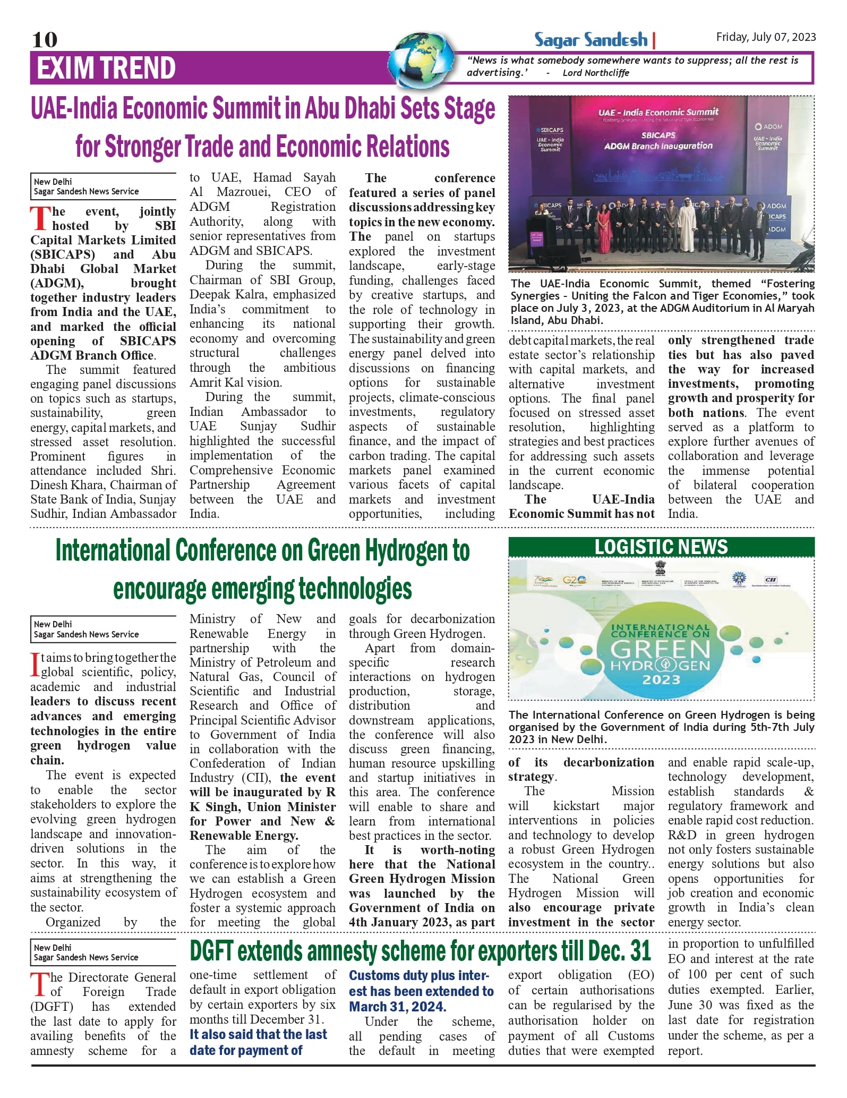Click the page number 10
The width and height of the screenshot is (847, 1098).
[x=45, y=40]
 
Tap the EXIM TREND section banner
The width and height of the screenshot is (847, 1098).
[x=106, y=69]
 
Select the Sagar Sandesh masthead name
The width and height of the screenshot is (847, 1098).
[x=591, y=40]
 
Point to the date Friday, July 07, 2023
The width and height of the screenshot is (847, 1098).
[x=765, y=37]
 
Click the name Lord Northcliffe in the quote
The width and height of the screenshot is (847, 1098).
[x=596, y=73]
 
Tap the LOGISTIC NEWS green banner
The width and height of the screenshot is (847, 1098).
[x=661, y=547]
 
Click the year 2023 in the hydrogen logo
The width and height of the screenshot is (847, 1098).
[x=661, y=680]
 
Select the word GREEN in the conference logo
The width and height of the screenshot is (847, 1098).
[x=660, y=650]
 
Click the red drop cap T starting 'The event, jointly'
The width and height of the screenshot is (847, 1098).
[x=39, y=219]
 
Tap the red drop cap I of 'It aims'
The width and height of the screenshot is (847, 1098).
[x=35, y=665]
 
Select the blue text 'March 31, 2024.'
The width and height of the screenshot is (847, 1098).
[x=398, y=1007]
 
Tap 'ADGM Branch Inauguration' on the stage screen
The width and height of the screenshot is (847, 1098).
[x=658, y=146]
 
